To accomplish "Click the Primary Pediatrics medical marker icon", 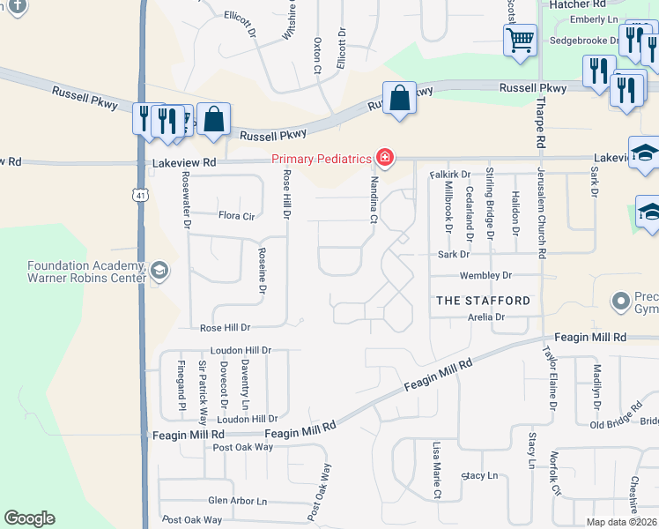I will (384, 159).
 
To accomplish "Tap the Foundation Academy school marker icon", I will (159, 270).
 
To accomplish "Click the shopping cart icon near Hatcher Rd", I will (520, 39).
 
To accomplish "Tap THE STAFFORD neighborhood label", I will (484, 301).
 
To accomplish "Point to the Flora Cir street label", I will (236, 215).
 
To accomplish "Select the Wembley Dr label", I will (485, 276).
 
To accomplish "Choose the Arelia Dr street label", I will (486, 317).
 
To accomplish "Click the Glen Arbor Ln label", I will (237, 501).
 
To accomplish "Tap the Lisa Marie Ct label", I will (436, 471).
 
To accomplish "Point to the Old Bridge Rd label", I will (617, 423).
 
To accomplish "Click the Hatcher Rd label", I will (574, 4).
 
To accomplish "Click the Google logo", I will (30, 518).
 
